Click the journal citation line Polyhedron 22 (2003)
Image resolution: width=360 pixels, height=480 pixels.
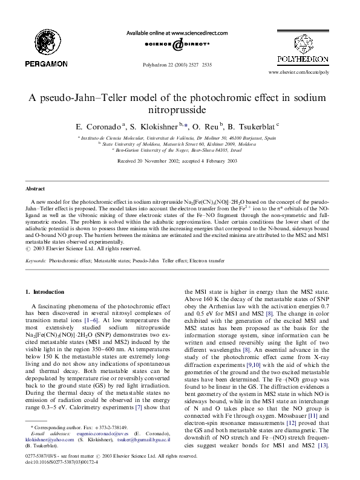click(179, 63)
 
